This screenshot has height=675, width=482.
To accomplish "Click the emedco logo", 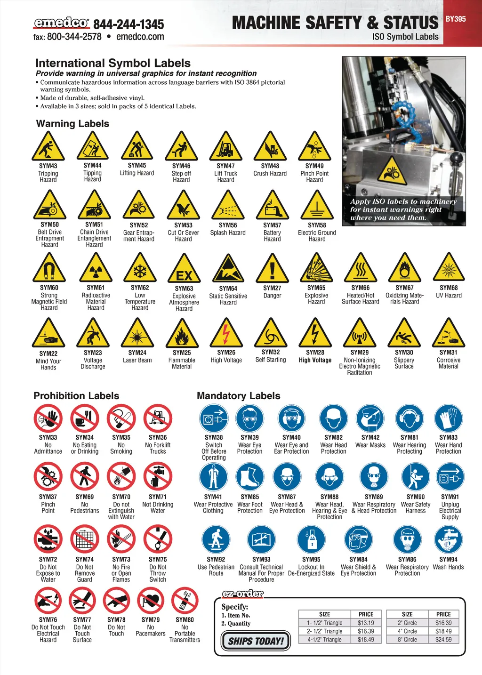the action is tap(61, 23).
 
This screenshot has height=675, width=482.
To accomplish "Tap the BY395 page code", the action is tap(456, 19).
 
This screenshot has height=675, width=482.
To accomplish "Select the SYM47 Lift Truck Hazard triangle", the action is tap(225, 146).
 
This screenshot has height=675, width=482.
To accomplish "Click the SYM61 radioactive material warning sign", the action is tap(96, 267).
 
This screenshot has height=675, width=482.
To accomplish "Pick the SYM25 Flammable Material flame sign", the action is tap(182, 333).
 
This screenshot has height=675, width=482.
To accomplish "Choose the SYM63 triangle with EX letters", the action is tap(184, 268).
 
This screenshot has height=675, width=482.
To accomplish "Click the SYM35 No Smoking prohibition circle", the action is tap(121, 418).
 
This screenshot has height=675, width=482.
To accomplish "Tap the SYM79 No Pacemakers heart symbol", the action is tap(151, 600).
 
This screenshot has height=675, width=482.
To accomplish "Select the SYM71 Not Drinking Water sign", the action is tap(158, 476).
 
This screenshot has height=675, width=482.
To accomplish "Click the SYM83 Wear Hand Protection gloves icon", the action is tap(448, 418).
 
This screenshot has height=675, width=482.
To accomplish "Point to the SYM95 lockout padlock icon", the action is tap(311, 540).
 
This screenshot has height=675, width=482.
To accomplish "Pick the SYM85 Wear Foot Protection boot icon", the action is tap(250, 477).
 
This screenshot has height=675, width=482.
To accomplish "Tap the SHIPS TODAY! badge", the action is tap(256, 641).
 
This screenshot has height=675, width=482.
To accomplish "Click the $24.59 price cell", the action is tap(443, 639).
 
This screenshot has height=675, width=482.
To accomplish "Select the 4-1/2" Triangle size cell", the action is tap(324, 639).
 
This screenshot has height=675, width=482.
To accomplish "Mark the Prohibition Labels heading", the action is tap(76, 396).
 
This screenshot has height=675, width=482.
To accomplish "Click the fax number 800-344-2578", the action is tap(74, 37).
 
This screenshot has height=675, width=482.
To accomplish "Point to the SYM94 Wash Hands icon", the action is tap(448, 540).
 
